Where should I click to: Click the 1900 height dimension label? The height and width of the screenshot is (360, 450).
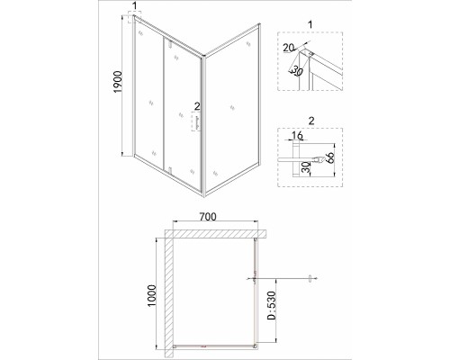click(x=118, y=82)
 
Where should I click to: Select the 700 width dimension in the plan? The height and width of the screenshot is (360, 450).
click(x=208, y=217)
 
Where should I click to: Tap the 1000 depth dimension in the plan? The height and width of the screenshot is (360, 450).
click(x=152, y=296)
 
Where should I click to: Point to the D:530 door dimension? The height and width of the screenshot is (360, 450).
click(x=271, y=305)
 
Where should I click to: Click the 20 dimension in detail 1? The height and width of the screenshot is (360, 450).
click(x=289, y=48)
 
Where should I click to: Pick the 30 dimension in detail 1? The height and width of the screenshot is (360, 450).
click(x=297, y=71)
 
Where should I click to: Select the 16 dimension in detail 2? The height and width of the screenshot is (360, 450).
click(x=297, y=136)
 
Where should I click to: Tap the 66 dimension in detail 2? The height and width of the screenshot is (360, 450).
click(x=329, y=157)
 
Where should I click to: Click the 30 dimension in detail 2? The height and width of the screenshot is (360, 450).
click(x=305, y=168)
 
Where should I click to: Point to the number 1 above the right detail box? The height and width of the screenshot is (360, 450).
click(x=310, y=24)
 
